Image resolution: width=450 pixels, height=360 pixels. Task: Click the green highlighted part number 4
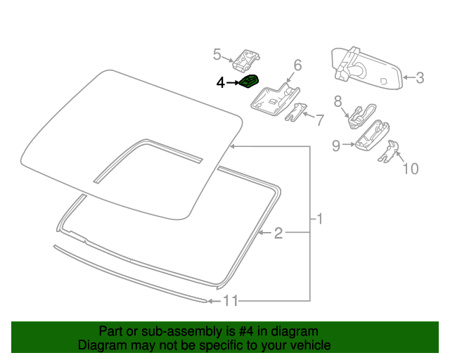click(249, 82)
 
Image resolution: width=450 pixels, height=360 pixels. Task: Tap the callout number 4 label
click(220, 83)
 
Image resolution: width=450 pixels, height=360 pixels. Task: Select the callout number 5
click(217, 53)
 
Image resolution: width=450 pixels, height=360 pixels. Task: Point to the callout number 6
click(297, 65)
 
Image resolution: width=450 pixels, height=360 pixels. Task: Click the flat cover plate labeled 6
click(274, 98)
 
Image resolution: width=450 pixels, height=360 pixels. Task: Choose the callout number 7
click(319, 120)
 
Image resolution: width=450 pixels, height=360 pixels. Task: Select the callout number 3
click(420, 78)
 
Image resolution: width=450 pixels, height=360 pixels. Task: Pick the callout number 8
click(337, 100)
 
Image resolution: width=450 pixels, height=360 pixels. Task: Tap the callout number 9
click(336, 146)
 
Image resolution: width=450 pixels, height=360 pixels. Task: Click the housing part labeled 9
click(372, 134)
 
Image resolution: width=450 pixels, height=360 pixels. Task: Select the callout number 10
click(409, 169)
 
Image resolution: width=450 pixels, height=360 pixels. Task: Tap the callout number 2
click(278, 233)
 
